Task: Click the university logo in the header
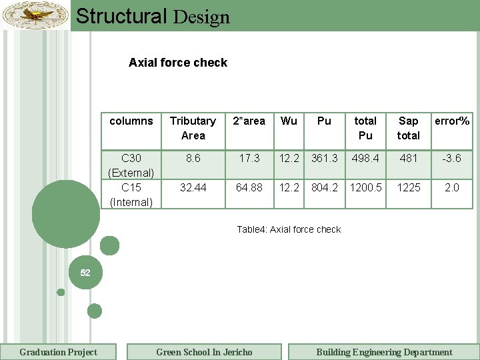[x=35, y=15]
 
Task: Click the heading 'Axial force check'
[x=178, y=63]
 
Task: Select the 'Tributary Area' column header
[x=193, y=128]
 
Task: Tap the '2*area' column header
[x=249, y=121]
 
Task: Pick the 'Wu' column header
[x=289, y=121]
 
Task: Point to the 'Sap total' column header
[x=408, y=128]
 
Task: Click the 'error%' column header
[x=452, y=121]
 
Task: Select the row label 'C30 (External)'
[x=131, y=165]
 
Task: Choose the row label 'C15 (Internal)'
[x=131, y=195]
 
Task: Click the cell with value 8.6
[x=193, y=159]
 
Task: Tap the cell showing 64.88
[x=249, y=188]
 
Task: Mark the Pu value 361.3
[x=324, y=159]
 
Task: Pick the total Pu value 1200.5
[x=365, y=188]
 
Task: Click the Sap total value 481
[x=408, y=159]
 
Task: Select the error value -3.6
[x=452, y=159]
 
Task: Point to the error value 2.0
[x=452, y=188]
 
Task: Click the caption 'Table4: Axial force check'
[x=289, y=230]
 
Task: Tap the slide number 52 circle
[x=85, y=273]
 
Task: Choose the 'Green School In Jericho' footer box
[x=204, y=352]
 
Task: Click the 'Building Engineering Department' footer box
[x=384, y=352]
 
